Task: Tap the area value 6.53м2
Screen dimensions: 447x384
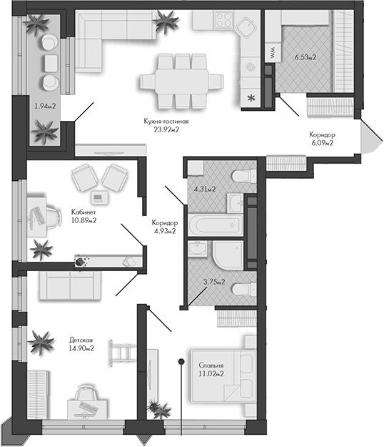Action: pyautogui.click(x=306, y=55)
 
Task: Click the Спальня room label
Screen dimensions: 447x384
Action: pyautogui.click(x=211, y=364)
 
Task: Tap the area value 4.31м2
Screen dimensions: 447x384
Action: pyautogui.click(x=205, y=190)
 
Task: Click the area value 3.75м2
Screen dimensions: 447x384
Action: pyautogui.click(x=213, y=282)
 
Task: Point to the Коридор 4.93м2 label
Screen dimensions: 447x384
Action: pyautogui.click(x=164, y=226)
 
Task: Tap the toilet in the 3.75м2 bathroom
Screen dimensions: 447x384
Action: pyautogui.click(x=242, y=288)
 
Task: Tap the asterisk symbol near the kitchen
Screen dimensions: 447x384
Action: pyautogui.click(x=251, y=98)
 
